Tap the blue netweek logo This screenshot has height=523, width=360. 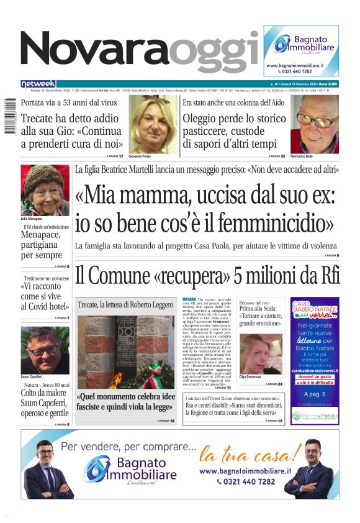pos(38,83)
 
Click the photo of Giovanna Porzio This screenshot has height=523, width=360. pos(153,124)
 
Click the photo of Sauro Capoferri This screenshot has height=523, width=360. pos(45,350)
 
